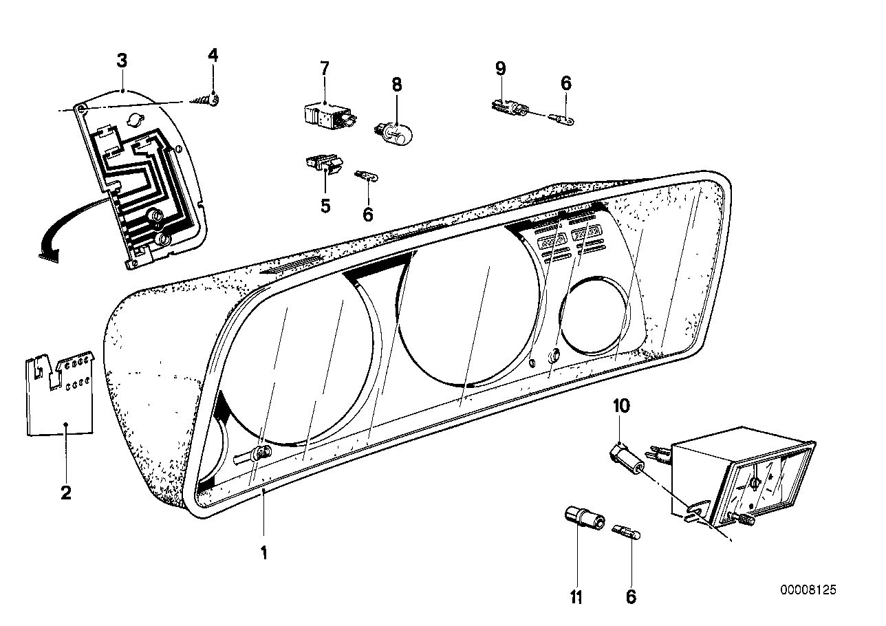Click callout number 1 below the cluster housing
click(263, 552)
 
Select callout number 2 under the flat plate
click(66, 493)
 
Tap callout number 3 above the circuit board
click(122, 61)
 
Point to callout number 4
click(213, 55)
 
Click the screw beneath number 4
click(206, 100)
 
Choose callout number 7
click(324, 68)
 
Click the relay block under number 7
click(329, 114)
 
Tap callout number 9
click(500, 68)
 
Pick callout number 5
click(325, 204)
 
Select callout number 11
click(576, 597)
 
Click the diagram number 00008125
click(808, 590)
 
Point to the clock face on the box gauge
click(765, 482)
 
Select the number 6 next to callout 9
click(565, 83)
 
